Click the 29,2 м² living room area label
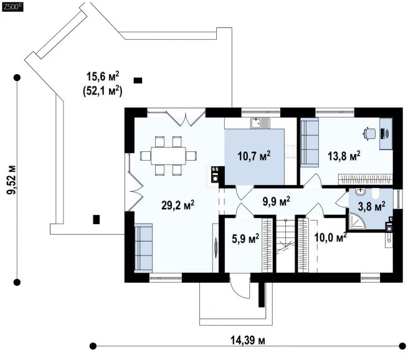point(178,206)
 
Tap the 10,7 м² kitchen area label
point(254,156)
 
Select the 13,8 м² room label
point(344,156)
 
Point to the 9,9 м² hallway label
point(276,201)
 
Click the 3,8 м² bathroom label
point(372,206)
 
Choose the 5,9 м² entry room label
point(245,239)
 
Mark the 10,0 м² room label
point(331,237)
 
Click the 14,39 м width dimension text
point(248,340)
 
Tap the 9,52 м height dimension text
point(11,180)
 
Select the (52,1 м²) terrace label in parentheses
point(103,91)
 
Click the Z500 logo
point(12,7)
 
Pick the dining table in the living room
point(168,156)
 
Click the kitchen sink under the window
point(260,123)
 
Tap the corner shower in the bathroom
point(356,221)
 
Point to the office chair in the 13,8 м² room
point(369,134)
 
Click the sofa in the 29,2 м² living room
point(143,247)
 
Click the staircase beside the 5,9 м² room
point(285,245)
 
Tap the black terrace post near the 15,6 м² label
point(138,80)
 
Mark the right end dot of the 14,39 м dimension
point(402,346)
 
